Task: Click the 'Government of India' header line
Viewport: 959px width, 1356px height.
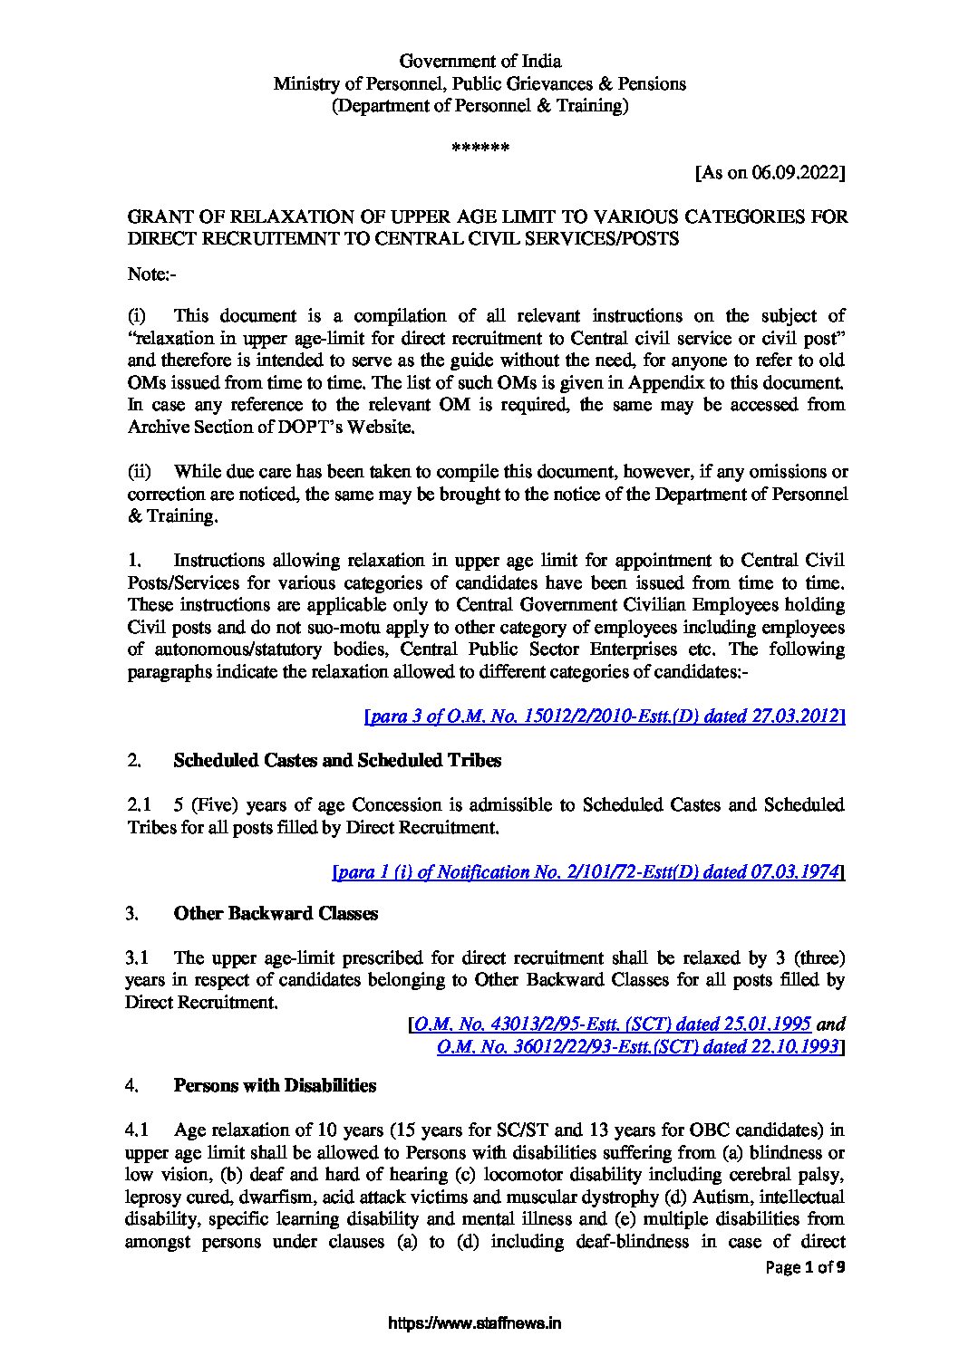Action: tap(480, 62)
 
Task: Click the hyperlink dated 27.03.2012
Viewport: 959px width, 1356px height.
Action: tap(605, 716)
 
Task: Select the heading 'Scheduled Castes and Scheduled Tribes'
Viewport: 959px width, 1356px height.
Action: tap(336, 760)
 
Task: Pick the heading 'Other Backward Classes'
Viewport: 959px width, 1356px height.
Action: tap(276, 914)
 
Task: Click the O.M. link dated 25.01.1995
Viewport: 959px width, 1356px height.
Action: tap(614, 1025)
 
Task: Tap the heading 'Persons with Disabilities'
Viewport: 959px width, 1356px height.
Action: tap(275, 1085)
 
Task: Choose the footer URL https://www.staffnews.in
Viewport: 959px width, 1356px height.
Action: tap(475, 1322)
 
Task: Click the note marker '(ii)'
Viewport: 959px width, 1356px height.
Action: tap(138, 471)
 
